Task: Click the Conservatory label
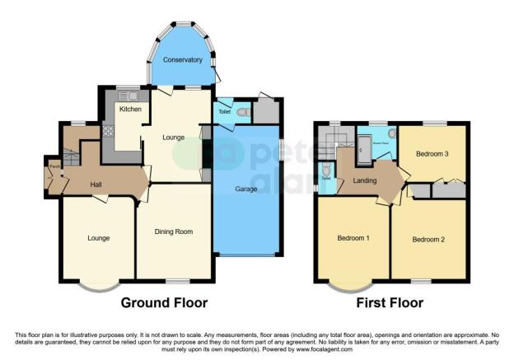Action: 182,60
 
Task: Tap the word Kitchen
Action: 130,109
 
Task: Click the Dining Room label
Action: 173,231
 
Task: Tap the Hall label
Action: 96,184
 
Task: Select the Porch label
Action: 54,167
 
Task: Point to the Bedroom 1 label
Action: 353,239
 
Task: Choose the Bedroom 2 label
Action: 428,240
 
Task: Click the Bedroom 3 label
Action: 432,153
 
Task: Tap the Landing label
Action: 365,182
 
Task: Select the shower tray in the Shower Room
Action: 363,147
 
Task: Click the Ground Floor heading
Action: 164,302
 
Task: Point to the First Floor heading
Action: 390,302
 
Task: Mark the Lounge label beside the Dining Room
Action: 99,238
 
